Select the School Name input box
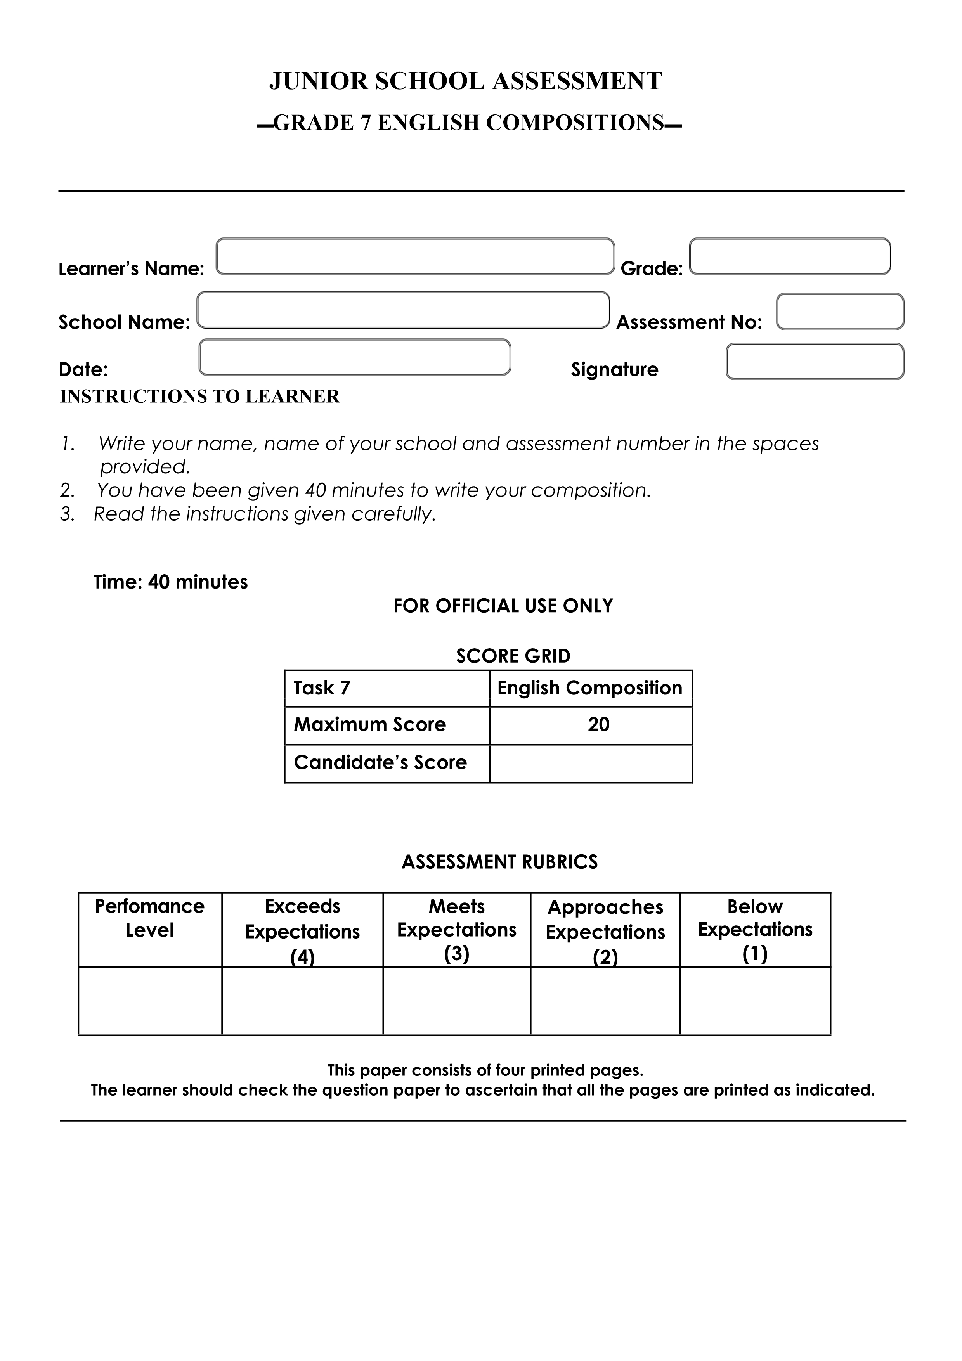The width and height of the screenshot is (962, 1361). click(x=403, y=310)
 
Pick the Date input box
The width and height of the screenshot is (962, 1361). click(x=354, y=357)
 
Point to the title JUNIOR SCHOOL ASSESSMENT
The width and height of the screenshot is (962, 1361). click(x=466, y=81)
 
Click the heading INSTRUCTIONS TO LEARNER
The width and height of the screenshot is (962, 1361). click(x=200, y=397)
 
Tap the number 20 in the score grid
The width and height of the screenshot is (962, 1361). click(x=599, y=724)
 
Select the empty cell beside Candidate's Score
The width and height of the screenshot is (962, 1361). click(x=591, y=764)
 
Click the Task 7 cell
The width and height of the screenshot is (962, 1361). click(x=387, y=688)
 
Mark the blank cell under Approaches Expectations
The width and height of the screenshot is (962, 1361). click(x=605, y=1001)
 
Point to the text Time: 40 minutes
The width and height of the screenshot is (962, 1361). click(x=171, y=582)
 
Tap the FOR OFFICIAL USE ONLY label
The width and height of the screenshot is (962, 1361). click(x=503, y=606)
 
